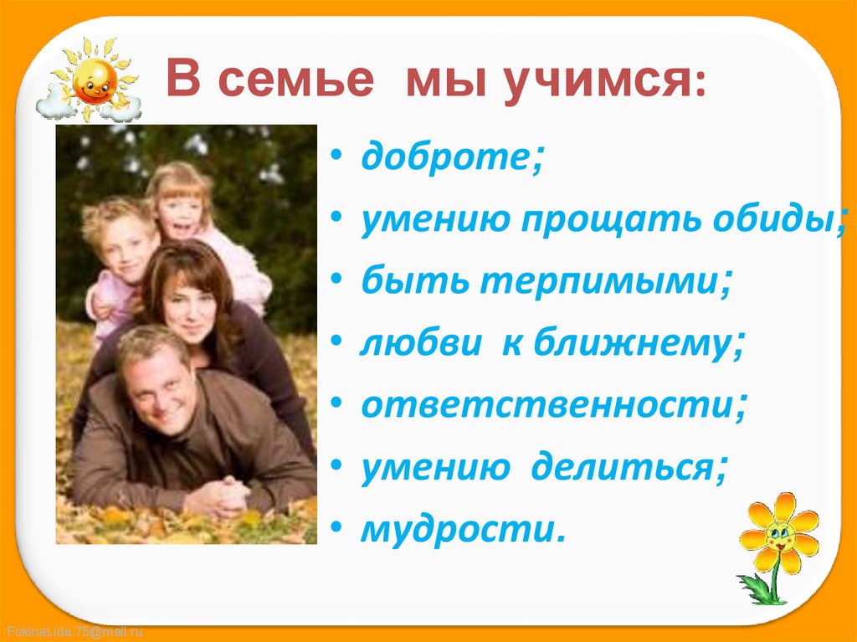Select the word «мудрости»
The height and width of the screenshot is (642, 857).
[x=457, y=529]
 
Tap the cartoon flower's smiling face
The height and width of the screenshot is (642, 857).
[x=780, y=535]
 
